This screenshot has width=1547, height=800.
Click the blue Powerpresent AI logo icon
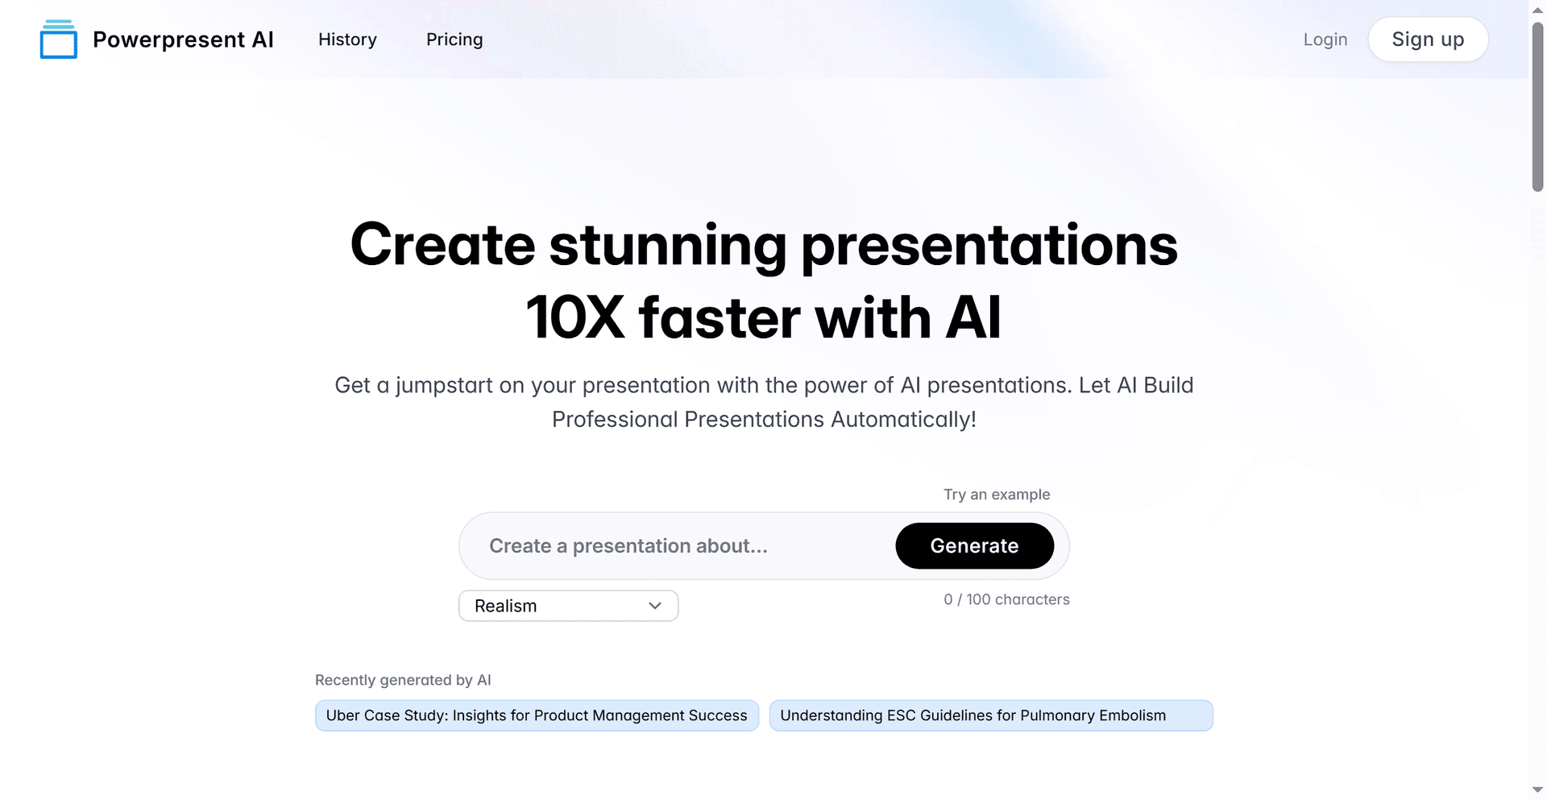point(59,39)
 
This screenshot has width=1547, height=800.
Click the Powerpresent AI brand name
point(183,39)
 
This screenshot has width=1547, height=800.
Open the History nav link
point(347,39)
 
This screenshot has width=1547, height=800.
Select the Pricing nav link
point(454,39)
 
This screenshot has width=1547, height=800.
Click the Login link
point(1325,39)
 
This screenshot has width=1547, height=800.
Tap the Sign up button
point(1428,39)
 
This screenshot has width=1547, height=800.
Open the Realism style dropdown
point(569,606)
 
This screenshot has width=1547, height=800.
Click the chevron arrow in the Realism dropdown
point(655,606)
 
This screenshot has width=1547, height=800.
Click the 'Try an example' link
point(997,495)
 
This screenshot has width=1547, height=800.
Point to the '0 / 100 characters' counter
point(1006,599)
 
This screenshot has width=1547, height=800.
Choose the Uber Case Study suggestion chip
point(537,715)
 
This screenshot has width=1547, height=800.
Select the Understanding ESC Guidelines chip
point(991,715)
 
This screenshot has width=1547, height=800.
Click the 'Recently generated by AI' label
point(403,680)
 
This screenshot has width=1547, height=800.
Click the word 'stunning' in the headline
point(668,245)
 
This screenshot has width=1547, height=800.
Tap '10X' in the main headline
point(575,317)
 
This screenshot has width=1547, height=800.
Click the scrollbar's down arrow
point(1537,790)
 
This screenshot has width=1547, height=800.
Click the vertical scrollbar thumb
point(1537,106)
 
